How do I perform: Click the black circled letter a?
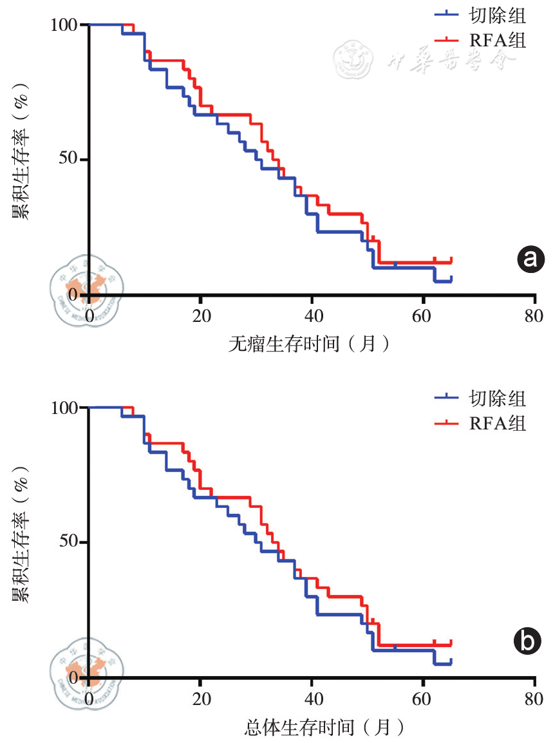tap(530, 259)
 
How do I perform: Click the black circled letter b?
tap(530, 642)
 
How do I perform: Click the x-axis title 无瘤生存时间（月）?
tap(309, 344)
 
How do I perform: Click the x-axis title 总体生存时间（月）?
tap(324, 728)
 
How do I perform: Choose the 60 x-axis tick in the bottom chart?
tap(422, 699)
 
